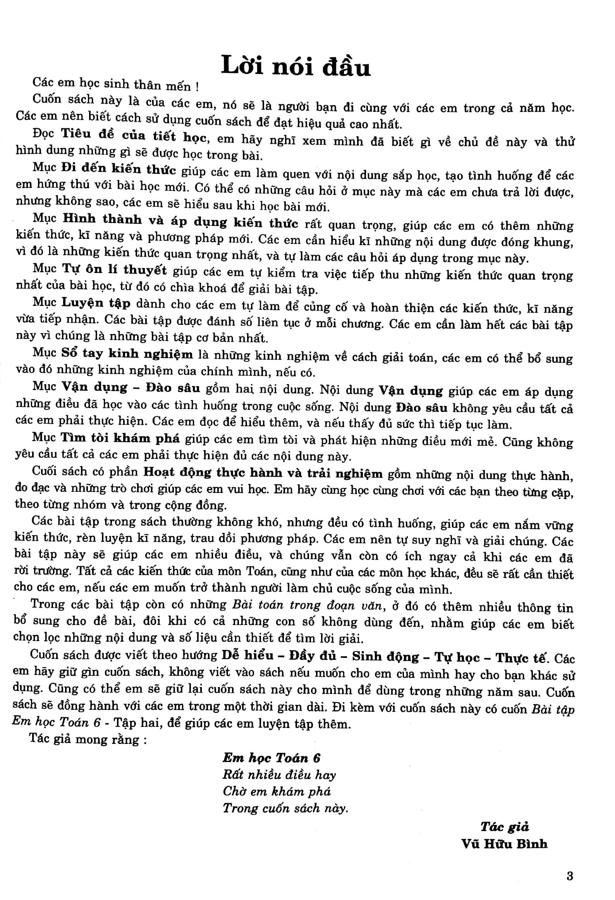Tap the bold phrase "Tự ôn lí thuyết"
(114, 270)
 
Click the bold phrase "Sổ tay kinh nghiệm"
(127, 354)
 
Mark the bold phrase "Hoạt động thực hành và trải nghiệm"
(263, 473)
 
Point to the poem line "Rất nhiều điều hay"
(279, 775)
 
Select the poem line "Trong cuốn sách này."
(285, 808)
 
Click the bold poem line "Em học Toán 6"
(271, 758)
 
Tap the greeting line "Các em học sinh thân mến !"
(116, 84)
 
